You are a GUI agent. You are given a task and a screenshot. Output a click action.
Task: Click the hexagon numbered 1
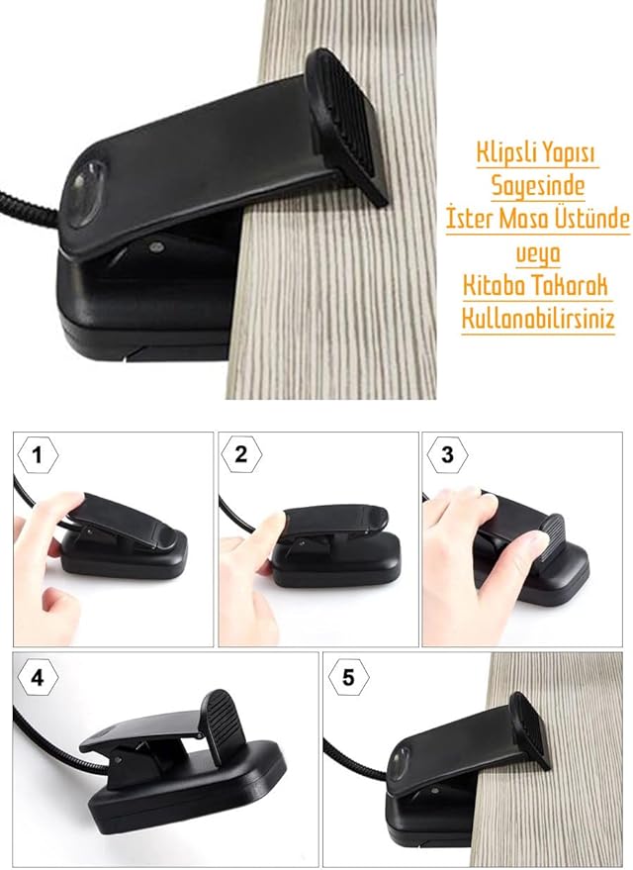pos(38,455)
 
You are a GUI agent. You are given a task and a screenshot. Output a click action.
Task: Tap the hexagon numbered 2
pos(241,455)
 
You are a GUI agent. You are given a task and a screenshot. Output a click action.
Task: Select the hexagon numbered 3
pos(447,455)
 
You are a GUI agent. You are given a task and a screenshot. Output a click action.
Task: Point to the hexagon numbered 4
pos(38,677)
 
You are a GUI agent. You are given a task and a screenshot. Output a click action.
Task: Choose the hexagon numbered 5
pos(349,677)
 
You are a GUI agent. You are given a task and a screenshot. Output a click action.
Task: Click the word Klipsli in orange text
pos(503,152)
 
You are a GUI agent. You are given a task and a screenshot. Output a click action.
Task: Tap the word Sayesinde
pos(538,185)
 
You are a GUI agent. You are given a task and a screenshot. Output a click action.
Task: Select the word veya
pos(538,253)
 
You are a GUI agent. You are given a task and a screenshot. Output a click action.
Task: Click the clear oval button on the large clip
pos(85,194)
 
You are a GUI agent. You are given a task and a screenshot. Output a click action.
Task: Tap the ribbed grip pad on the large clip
pos(348,125)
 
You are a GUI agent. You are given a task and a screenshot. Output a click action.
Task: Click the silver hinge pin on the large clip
pos(155,244)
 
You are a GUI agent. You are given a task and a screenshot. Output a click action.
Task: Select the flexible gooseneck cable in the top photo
pos(29,204)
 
